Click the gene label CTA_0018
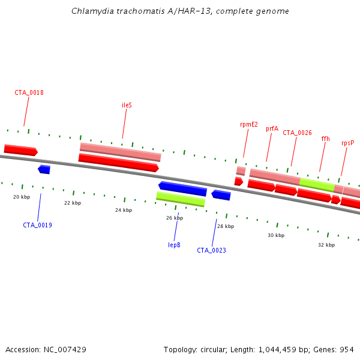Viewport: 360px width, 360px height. [x=29, y=92]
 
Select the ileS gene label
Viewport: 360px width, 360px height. [x=127, y=105]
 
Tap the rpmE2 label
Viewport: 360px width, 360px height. [x=248, y=125]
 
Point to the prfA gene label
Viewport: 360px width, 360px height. [x=272, y=128]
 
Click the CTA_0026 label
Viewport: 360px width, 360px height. [x=297, y=133]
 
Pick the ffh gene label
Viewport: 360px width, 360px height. [x=325, y=139]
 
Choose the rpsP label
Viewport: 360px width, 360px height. [x=347, y=143]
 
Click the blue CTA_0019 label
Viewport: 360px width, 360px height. [x=37, y=225]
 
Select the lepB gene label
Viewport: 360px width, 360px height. [x=174, y=245]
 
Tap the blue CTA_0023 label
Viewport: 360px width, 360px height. [x=211, y=250]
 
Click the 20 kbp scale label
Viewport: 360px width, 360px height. [x=22, y=197]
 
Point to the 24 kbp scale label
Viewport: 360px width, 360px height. [x=123, y=210]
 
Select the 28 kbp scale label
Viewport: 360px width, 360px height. [x=225, y=226]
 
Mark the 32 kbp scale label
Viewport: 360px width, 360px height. [x=326, y=245]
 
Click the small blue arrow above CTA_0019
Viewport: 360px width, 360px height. [x=44, y=170]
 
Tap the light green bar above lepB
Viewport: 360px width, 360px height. [x=180, y=198]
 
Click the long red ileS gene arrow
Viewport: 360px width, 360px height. [x=118, y=162]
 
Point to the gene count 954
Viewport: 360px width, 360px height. [x=347, y=349]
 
